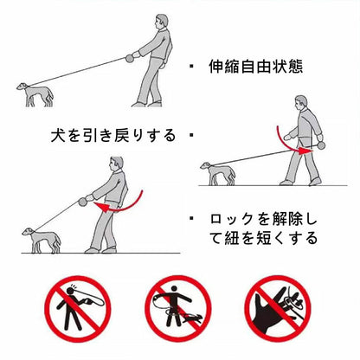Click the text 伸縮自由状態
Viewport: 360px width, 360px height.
(255, 67)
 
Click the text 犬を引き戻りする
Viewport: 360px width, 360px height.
(113, 135)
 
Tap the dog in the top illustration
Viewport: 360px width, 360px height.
(35, 94)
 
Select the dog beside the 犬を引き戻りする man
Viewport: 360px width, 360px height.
(218, 173)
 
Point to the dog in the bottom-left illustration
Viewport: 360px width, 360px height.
(42, 240)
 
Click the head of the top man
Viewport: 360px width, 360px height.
(161, 22)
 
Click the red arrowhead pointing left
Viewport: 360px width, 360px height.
(101, 207)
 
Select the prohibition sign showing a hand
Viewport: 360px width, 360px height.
(278, 308)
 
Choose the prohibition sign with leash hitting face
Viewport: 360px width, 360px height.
(78, 309)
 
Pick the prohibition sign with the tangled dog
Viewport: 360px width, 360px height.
(178, 308)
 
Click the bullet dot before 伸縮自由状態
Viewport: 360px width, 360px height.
(191, 66)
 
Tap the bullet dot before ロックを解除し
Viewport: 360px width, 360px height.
(191, 218)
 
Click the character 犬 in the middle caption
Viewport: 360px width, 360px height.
(58, 135)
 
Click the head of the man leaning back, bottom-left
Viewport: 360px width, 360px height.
(116, 164)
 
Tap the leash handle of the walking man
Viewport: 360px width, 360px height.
(321, 145)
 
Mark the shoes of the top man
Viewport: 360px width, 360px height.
(147, 104)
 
